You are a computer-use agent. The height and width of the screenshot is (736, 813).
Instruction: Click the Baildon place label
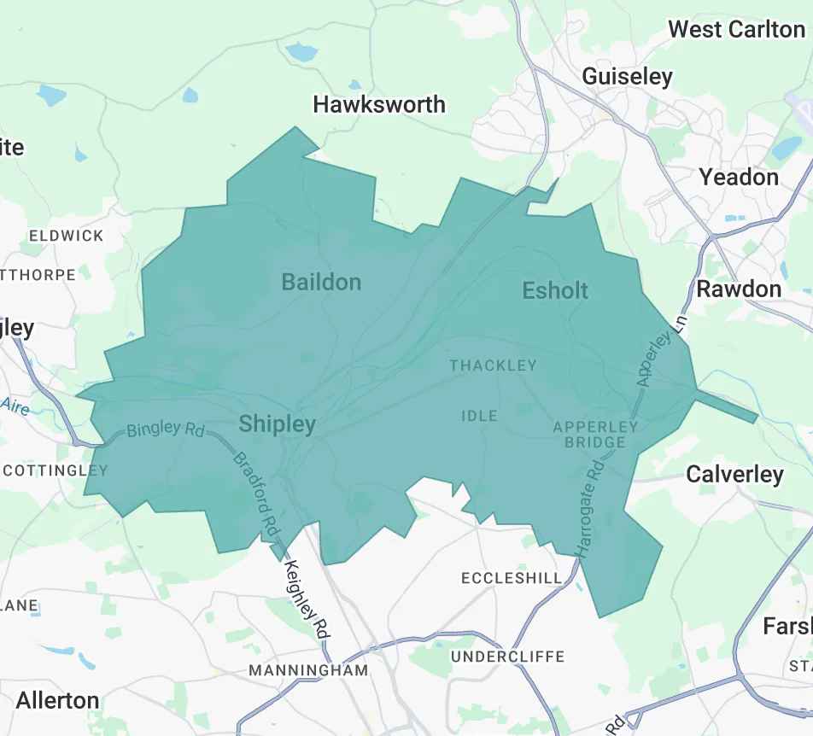pyautogui.click(x=321, y=282)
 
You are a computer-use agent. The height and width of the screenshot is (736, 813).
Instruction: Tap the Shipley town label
pyautogui.click(x=277, y=423)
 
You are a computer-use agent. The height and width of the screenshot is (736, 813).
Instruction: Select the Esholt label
pyautogui.click(x=555, y=290)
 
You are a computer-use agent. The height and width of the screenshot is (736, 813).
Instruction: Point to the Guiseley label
pyautogui.click(x=627, y=76)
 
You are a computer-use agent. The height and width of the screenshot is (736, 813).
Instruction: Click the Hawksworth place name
pyautogui.click(x=379, y=104)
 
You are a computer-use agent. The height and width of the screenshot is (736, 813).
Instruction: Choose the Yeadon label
pyautogui.click(x=739, y=177)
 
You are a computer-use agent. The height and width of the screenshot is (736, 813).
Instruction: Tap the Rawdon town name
pyautogui.click(x=739, y=289)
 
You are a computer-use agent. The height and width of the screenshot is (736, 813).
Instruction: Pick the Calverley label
pyautogui.click(x=734, y=474)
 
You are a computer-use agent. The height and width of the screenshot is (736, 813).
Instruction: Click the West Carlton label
pyautogui.click(x=736, y=29)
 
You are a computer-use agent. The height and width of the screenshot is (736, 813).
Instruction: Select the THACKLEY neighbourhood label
pyautogui.click(x=493, y=365)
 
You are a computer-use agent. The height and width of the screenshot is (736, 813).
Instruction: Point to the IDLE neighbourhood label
pyautogui.click(x=479, y=416)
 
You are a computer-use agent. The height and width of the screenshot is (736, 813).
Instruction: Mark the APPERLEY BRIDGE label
pyautogui.click(x=595, y=434)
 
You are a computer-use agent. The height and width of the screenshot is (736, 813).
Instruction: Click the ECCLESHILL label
pyautogui.click(x=512, y=578)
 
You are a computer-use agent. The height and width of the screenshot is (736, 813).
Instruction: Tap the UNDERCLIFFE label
pyautogui.click(x=507, y=656)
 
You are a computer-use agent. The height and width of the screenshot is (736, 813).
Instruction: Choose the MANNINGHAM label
pyautogui.click(x=308, y=670)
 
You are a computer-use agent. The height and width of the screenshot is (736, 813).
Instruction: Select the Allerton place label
pyautogui.click(x=58, y=700)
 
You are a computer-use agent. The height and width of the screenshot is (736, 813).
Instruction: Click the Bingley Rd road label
pyautogui.click(x=166, y=430)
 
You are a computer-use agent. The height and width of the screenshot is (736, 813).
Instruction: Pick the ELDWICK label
pyautogui.click(x=66, y=236)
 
